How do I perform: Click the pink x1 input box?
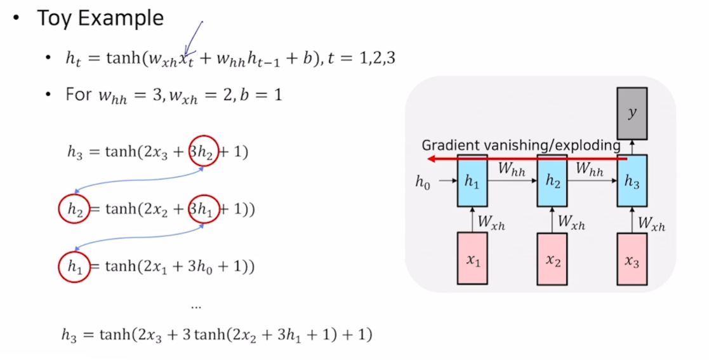(472, 258)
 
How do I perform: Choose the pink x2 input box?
(552, 258)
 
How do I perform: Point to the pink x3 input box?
(632, 258)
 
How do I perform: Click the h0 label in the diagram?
(423, 182)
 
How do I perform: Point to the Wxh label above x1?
(491, 222)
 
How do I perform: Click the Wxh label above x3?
(651, 222)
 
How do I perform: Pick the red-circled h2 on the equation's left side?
(74, 209)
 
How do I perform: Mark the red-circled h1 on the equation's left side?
(74, 267)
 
